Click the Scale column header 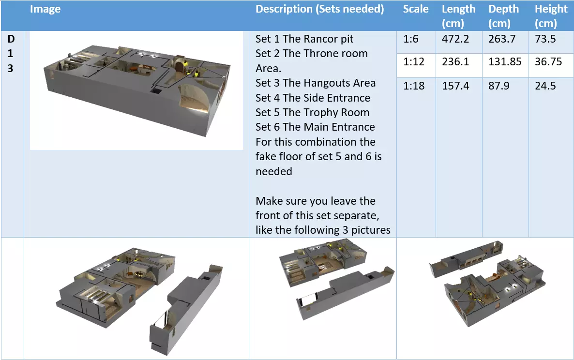pyautogui.click(x=415, y=9)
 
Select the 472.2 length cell pyautogui.click(x=455, y=39)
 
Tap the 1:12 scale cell pyautogui.click(x=414, y=62)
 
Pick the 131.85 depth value pyautogui.click(x=505, y=62)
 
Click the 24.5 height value pyautogui.click(x=545, y=86)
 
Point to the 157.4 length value pyautogui.click(x=455, y=86)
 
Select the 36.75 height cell pyautogui.click(x=548, y=62)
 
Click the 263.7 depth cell pyautogui.click(x=502, y=39)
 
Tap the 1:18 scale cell pyautogui.click(x=414, y=86)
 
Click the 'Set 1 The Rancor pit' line pyautogui.click(x=304, y=39)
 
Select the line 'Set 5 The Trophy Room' pyautogui.click(x=312, y=113)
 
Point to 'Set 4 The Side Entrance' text pyautogui.click(x=313, y=98)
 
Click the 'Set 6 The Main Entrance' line pyautogui.click(x=315, y=127)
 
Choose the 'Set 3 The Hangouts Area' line pyautogui.click(x=316, y=83)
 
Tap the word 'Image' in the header pyautogui.click(x=45, y=9)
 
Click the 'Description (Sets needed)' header pyautogui.click(x=319, y=9)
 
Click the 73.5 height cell pyautogui.click(x=545, y=39)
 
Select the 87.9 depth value pyautogui.click(x=499, y=86)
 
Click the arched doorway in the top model pyautogui.click(x=180, y=67)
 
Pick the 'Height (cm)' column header pyautogui.click(x=551, y=16)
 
